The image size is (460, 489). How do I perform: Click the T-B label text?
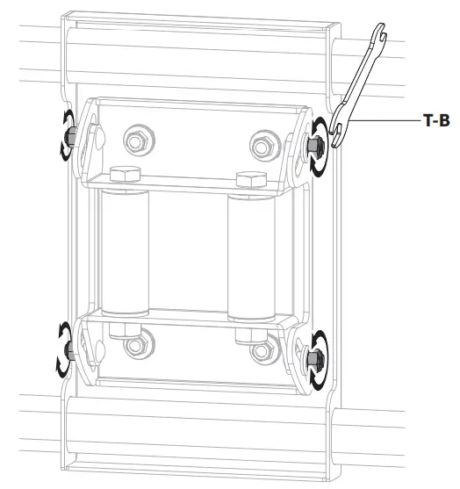click(x=436, y=120)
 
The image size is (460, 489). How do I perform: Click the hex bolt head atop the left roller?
click(x=126, y=173)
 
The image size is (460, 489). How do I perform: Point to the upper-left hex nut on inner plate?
click(x=135, y=138)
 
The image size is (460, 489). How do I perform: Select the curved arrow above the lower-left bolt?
click(x=61, y=333)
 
